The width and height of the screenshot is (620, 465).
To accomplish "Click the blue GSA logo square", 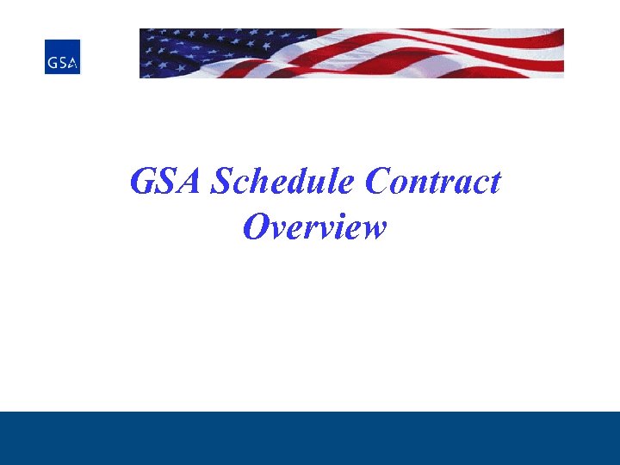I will pos(62,56).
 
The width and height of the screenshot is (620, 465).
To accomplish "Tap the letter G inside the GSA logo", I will pos(53,63).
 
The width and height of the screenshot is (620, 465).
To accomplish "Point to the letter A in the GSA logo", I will pos(72,63).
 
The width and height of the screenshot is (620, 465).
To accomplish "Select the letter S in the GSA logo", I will pos(62,63).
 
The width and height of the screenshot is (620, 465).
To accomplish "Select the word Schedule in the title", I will pos(284,182).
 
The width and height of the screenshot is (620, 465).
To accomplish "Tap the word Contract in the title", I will pos(433,182).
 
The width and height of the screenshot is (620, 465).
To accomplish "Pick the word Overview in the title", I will pos(314,227).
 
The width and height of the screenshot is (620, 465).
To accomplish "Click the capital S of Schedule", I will pos(223,182).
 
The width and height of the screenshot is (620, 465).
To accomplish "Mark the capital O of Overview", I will pos(257,227).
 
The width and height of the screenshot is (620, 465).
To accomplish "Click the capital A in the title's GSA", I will pos(191,182).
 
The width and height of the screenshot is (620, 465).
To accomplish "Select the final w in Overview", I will pos(373,230).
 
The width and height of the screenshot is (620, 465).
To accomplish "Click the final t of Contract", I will pos(494,183).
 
